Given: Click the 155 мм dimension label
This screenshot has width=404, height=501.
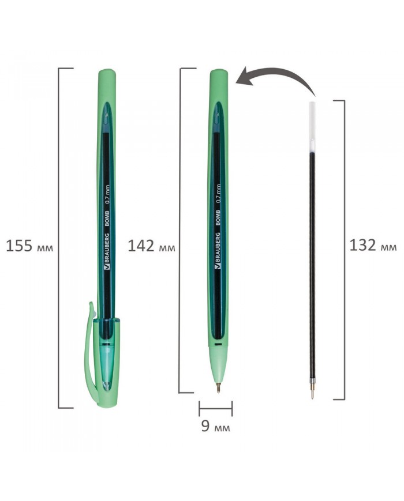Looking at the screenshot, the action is pyautogui.click(x=29, y=246).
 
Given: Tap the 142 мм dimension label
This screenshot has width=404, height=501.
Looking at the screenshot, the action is pyautogui.click(x=151, y=246).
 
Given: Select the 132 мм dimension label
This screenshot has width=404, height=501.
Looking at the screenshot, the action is pyautogui.click(x=373, y=246).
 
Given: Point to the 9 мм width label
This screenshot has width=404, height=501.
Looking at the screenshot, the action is pyautogui.click(x=215, y=426).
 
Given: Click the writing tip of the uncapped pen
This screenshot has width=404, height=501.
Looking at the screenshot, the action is pyautogui.click(x=218, y=387).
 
